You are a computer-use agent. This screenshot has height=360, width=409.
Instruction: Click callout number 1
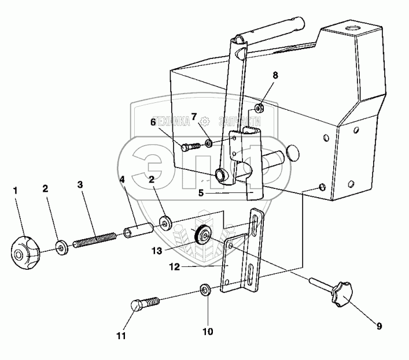tap(16, 190)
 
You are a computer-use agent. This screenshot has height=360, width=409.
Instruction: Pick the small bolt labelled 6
tap(189, 147)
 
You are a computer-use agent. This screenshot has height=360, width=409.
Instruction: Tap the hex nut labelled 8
tap(260, 107)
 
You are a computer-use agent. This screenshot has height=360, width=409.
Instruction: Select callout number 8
tap(275, 75)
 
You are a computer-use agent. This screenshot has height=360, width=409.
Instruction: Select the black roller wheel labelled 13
tap(202, 235)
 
